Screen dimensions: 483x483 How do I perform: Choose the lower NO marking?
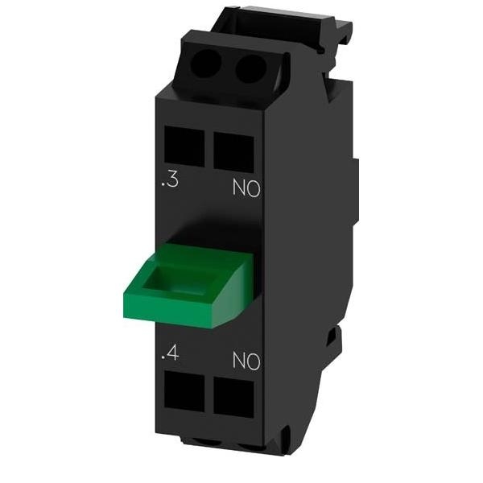click(245, 361)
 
